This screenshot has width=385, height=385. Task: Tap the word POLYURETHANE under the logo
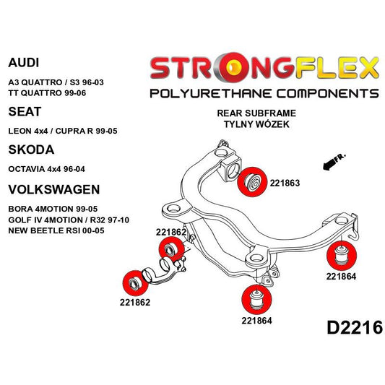point(205,93)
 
